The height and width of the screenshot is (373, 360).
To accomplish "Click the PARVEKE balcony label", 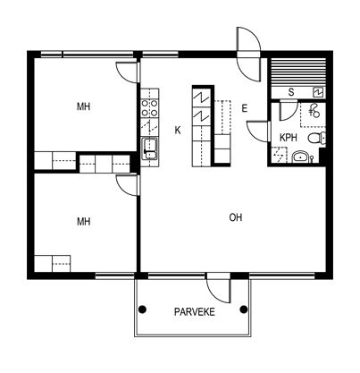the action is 194,312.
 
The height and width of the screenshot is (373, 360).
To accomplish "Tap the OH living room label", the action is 236,217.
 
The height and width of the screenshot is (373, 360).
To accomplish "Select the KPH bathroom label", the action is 289,138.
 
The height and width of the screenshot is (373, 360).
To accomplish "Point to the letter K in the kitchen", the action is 178,130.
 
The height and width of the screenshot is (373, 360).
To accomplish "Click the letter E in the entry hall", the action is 245,108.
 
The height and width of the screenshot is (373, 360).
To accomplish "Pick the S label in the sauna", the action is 291,92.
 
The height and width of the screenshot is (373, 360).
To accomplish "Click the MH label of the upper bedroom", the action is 84,106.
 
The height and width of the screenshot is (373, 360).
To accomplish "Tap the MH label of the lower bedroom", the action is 84,222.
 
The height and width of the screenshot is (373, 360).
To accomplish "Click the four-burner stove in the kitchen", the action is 150,108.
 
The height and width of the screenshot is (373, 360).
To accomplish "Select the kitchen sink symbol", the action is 150,148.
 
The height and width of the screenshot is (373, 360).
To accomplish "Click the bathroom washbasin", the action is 301,157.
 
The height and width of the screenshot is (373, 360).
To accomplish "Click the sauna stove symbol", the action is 318,92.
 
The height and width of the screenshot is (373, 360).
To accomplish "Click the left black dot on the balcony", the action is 143,309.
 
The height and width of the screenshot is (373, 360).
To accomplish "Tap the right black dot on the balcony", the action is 244,309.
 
